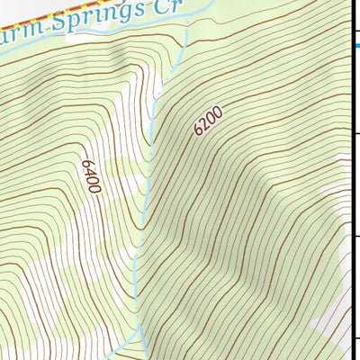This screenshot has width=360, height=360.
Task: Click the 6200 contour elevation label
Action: coord(207,121)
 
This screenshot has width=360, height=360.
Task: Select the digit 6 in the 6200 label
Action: coord(197,131)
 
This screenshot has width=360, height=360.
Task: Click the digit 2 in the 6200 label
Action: coord(203,125)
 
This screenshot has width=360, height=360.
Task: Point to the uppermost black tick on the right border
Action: coord(356,132)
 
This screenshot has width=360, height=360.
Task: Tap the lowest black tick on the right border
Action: coord(356,338)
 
